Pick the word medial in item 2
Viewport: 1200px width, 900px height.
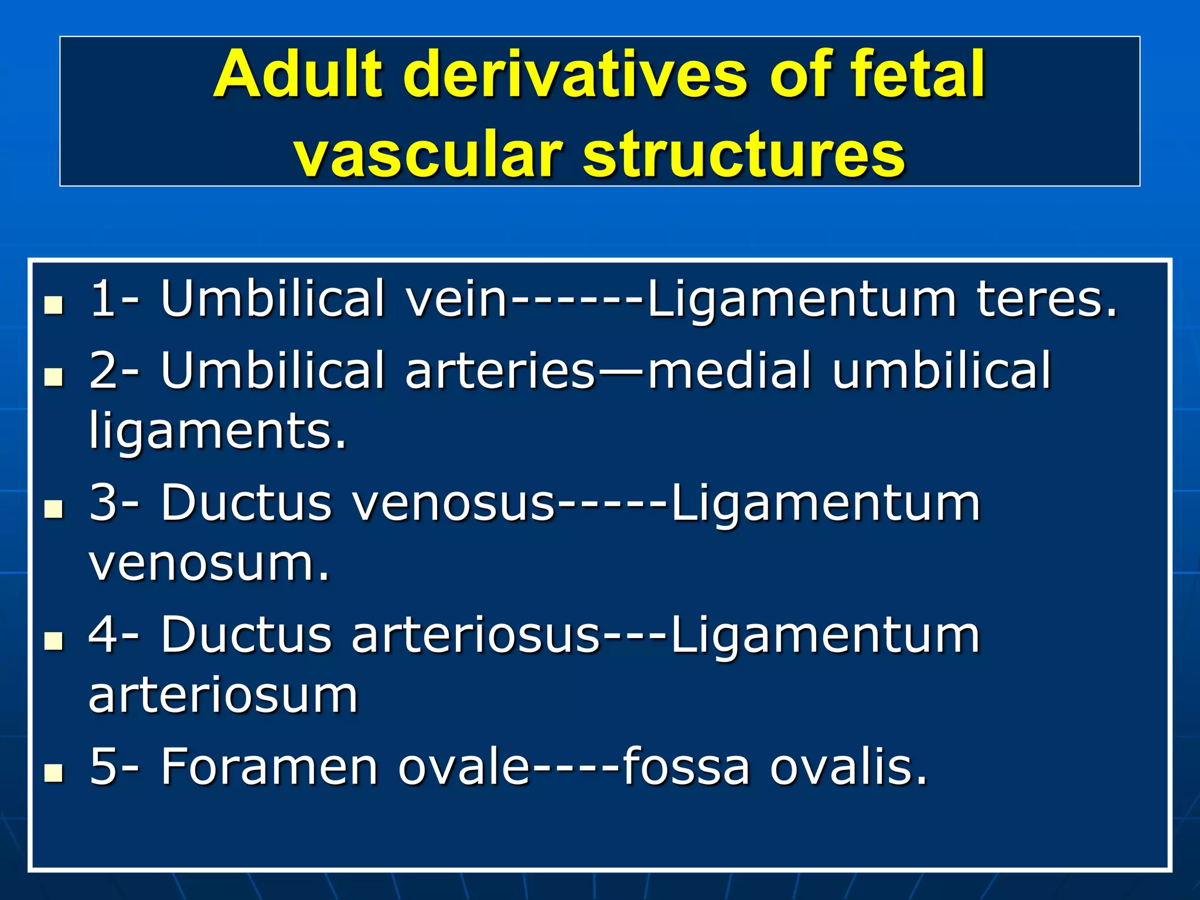(729, 371)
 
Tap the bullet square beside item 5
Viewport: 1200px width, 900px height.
(54, 773)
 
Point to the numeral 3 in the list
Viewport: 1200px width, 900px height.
(103, 503)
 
